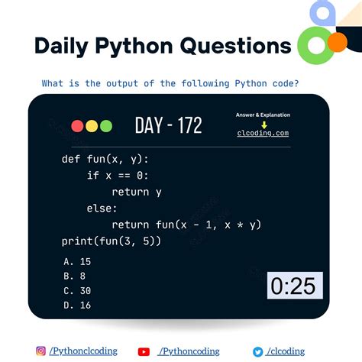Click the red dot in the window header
(x=77, y=126)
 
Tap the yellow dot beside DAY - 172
(x=92, y=126)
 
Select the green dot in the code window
(x=105, y=126)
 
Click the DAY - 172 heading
(x=169, y=125)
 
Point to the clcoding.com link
(x=263, y=133)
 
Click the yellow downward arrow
(x=263, y=124)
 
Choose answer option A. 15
(x=79, y=261)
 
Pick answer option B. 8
(x=76, y=276)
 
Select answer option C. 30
(x=79, y=290)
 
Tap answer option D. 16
(x=79, y=305)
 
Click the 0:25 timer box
(x=295, y=286)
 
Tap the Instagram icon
(x=41, y=351)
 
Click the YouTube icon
(x=144, y=351)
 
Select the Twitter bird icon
(x=258, y=351)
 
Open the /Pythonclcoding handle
(x=83, y=351)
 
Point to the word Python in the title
(x=134, y=45)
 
